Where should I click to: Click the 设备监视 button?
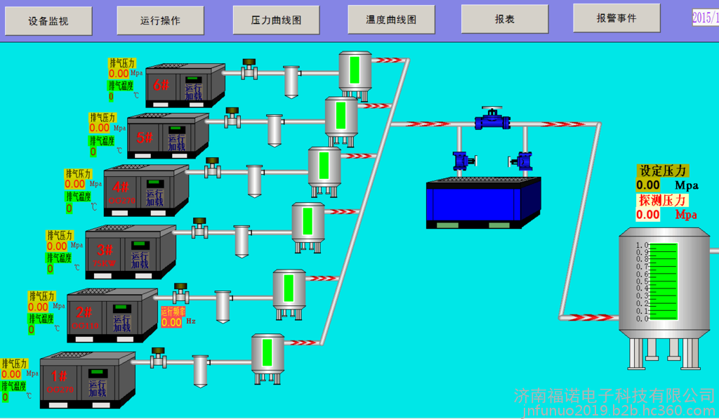(48, 21)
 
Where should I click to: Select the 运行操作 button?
(160, 20)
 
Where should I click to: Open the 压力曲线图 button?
(276, 20)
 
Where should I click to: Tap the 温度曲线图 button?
(391, 20)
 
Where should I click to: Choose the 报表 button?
(504, 19)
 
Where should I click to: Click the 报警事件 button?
(616, 18)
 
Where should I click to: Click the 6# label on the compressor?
(161, 85)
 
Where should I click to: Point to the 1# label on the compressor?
(59, 376)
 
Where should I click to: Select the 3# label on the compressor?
(105, 249)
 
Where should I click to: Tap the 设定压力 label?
(663, 171)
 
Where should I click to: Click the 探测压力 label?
(663, 200)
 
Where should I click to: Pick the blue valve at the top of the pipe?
(492, 119)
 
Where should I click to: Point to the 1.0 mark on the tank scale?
(641, 246)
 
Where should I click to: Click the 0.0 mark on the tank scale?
(641, 319)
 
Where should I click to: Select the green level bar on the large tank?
(664, 281)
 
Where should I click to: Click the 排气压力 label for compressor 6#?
(121, 63)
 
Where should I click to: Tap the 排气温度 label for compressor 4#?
(79, 196)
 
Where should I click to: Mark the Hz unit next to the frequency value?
(190, 322)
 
